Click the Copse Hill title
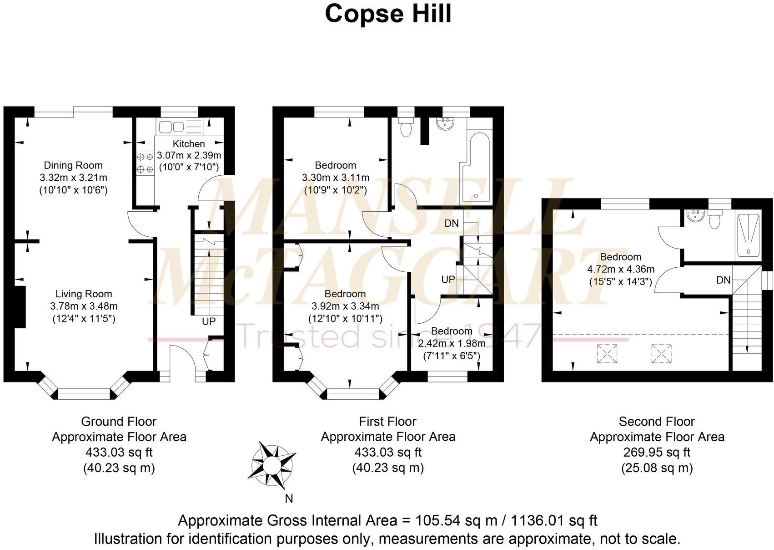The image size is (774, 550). [388, 14]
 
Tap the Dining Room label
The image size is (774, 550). [73, 165]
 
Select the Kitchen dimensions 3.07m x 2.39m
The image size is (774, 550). [189, 155]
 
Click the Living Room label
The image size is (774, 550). [84, 294]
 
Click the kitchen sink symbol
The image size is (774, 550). [171, 127]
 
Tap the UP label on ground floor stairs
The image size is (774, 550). [209, 321]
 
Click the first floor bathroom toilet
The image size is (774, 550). [404, 127]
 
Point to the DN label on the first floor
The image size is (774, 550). [452, 224]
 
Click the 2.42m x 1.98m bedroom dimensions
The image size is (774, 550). [452, 343]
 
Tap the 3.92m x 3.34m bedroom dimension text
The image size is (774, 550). [345, 306]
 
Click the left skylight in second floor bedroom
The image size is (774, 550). [607, 354]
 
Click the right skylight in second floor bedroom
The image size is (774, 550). [661, 354]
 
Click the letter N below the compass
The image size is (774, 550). [289, 499]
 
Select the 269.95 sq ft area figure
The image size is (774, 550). [657, 453]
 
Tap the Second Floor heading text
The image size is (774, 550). [657, 422]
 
